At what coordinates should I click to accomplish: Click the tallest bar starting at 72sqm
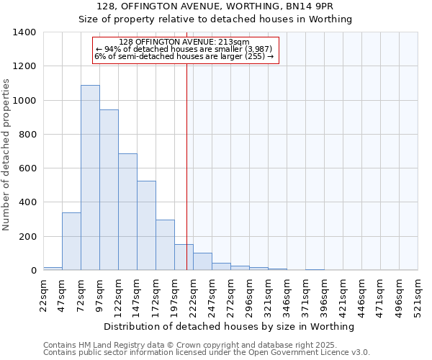(x=90, y=178)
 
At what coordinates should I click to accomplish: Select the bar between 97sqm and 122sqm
(x=109, y=190)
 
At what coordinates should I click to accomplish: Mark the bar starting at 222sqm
(x=202, y=262)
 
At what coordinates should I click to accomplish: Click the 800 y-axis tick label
(x=27, y=135)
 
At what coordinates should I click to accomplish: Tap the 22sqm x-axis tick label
(x=43, y=294)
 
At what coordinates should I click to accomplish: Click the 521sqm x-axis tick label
(x=418, y=294)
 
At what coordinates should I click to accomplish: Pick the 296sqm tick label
(x=249, y=294)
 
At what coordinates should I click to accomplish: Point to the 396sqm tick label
(x=324, y=294)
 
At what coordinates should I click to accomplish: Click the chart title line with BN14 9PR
(x=215, y=6)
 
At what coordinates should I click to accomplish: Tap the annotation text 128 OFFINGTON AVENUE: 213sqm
(x=184, y=42)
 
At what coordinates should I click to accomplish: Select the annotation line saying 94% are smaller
(x=184, y=49)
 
